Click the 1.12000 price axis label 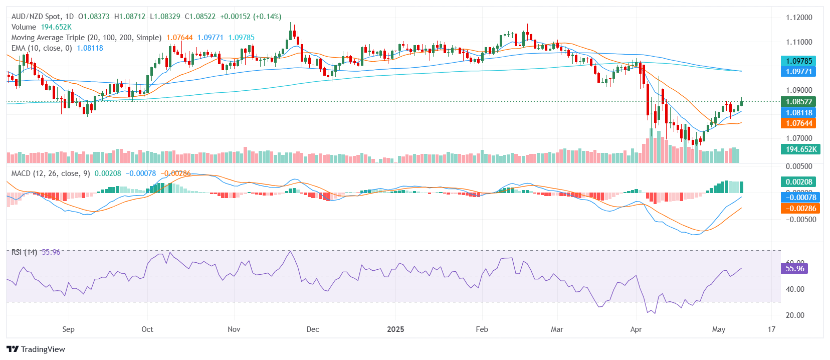[799, 18]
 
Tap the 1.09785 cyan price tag [798, 61]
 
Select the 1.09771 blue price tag [798, 72]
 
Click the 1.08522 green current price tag [798, 102]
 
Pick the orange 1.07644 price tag [798, 123]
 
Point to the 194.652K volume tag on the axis [800, 149]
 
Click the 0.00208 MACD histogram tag [798, 182]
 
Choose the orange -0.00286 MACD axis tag [800, 209]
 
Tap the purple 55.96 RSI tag [794, 269]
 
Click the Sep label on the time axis [68, 329]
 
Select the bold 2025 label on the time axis [395, 329]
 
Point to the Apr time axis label [636, 329]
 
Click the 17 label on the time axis [771, 329]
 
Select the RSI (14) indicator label [24, 252]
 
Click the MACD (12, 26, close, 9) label [51, 173]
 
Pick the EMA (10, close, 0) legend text [42, 48]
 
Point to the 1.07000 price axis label [799, 138]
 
